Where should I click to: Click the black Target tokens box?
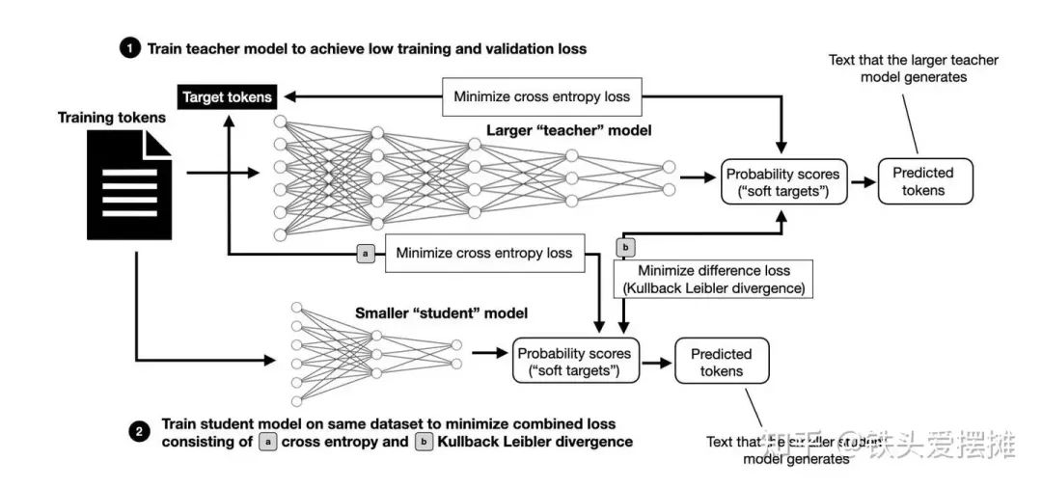point(228,96)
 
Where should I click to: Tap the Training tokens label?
point(112,118)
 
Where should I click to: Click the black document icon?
point(130,185)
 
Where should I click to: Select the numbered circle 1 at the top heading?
point(128,48)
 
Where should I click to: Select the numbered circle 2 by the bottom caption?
point(138,433)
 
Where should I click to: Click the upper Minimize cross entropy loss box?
point(541,96)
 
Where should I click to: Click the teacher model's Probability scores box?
point(782,182)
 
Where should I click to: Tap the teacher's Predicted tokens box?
point(923,181)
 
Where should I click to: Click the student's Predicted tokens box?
point(722,362)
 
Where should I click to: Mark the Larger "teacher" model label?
point(569,130)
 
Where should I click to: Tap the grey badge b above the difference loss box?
point(625,247)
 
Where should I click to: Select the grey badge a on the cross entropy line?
point(366,254)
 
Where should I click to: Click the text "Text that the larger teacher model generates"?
point(913,68)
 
